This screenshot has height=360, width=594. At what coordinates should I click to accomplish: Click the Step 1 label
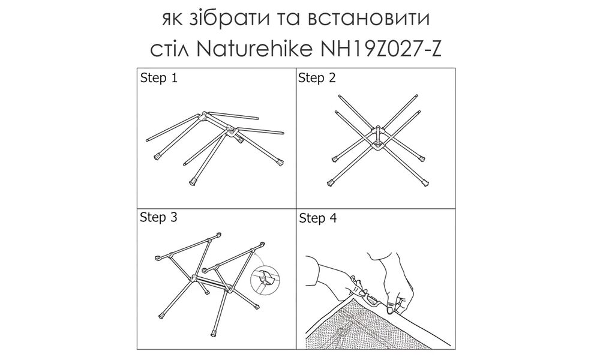158,78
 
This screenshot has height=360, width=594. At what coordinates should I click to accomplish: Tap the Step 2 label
318,78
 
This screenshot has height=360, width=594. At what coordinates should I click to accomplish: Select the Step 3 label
158,217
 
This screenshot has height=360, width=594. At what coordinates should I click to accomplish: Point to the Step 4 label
318,218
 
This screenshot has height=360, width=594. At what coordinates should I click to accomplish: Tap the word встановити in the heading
368,20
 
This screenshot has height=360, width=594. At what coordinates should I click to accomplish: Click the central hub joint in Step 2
379,138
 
